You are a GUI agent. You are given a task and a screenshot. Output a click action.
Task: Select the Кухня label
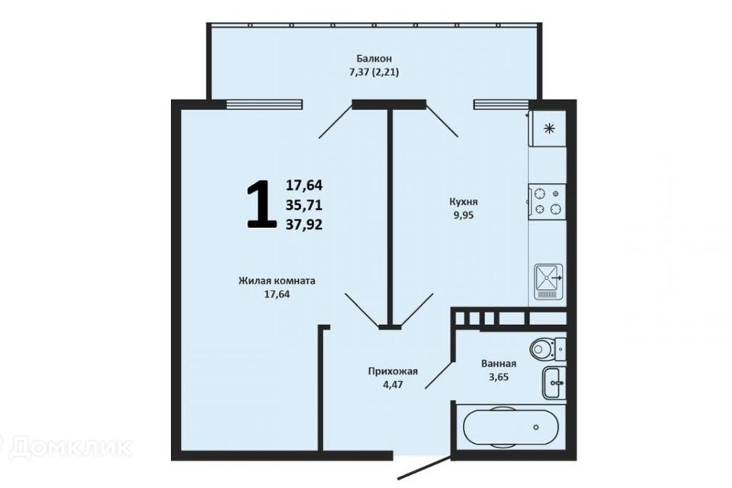(464, 202)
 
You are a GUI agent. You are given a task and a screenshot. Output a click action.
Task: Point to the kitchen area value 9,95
(464, 215)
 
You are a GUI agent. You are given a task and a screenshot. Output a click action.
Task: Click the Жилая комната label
(277, 280)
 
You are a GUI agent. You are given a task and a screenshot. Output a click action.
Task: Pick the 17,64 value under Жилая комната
(277, 293)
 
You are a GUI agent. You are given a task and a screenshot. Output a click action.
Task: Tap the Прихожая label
(393, 371)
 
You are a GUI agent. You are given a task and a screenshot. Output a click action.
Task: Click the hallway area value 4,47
(393, 384)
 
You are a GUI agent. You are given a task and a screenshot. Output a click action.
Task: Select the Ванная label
(499, 364)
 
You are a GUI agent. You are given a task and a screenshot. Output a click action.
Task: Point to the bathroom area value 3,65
(499, 377)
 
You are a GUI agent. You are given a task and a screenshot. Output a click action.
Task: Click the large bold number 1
(261, 204)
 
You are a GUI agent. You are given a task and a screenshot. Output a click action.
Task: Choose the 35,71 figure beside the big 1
(304, 204)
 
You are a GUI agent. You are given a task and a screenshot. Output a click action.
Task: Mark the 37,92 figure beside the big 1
(304, 224)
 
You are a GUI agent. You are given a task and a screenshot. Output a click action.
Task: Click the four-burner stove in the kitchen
(547, 201)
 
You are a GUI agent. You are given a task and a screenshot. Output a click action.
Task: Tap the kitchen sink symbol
(548, 278)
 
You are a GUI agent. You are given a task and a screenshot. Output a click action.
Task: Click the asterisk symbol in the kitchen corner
(547, 128)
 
